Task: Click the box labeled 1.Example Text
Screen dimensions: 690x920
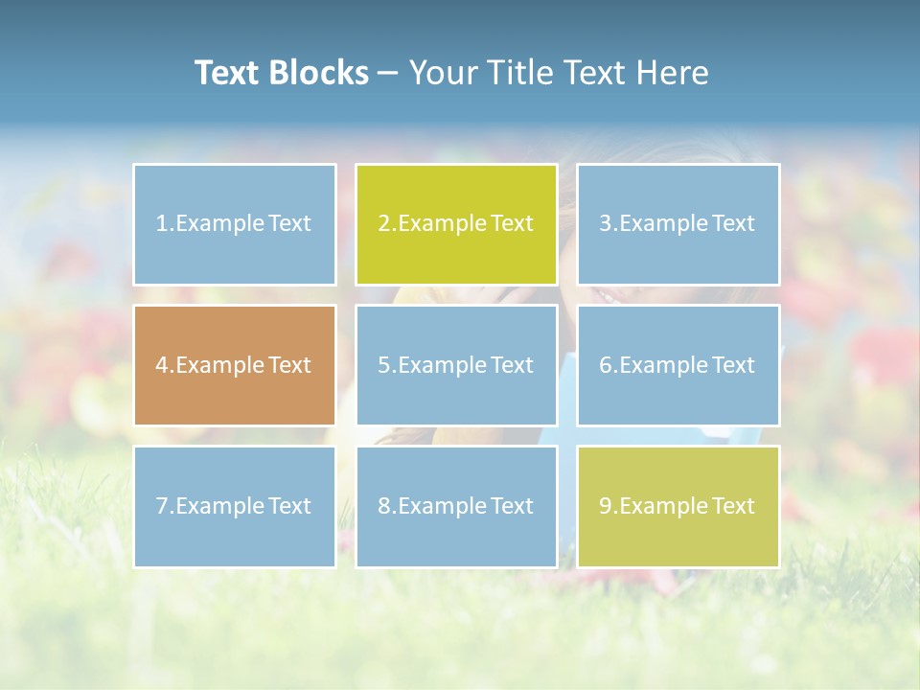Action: [234, 224]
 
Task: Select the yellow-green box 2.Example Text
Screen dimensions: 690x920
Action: [456, 224]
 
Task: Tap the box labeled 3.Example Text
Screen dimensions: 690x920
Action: [678, 224]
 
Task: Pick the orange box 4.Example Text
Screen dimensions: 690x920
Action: [234, 365]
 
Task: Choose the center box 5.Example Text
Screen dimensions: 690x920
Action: [456, 365]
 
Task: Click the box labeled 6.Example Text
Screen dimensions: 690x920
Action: [678, 365]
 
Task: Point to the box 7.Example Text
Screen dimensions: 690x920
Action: [234, 506]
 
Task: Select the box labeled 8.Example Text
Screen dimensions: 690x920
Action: [456, 506]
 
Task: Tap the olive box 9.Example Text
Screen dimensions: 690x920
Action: [678, 506]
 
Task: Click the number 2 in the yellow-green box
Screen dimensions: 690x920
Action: [383, 224]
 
